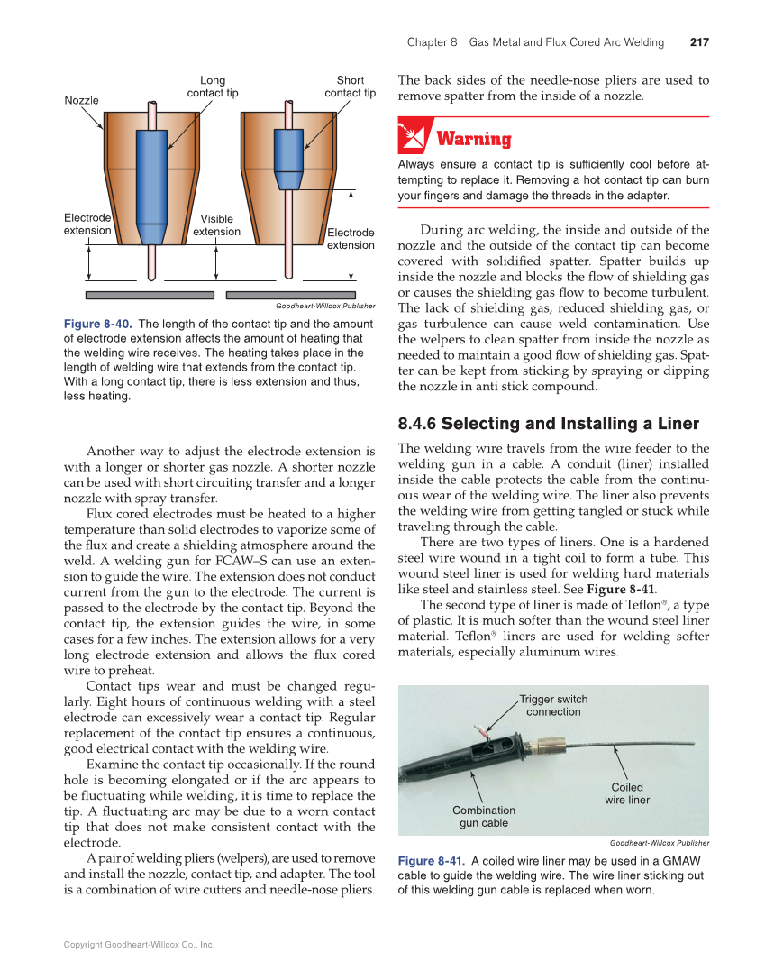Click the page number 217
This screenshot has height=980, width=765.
(699, 42)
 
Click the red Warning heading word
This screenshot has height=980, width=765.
(473, 139)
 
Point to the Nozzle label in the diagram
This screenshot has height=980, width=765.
(82, 100)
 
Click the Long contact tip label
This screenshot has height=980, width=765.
(213, 87)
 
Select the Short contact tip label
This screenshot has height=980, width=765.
(350, 87)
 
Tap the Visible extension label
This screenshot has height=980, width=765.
(216, 225)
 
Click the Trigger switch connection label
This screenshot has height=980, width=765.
(553, 705)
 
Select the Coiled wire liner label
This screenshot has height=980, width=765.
(626, 793)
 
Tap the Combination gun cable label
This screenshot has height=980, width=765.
(484, 817)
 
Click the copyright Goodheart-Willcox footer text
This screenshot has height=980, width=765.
(139, 945)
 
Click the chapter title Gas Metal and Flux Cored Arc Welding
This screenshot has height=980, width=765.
(566, 42)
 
